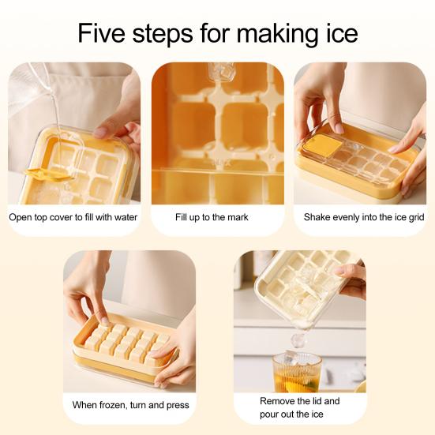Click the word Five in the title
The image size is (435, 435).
point(102,32)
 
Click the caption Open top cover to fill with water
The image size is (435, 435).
point(73,217)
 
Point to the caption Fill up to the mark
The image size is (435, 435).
point(212,217)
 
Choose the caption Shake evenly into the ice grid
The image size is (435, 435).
point(364,217)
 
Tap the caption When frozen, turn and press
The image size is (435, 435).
point(131,405)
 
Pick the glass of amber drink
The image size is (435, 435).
point(296,372)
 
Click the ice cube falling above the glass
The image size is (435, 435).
point(298,341)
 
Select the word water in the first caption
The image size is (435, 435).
point(126,217)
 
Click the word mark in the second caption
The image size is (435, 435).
point(239,217)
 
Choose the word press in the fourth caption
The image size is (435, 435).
point(178,406)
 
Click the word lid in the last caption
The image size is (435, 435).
point(317,401)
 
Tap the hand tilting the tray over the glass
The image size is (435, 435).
point(351,280)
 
